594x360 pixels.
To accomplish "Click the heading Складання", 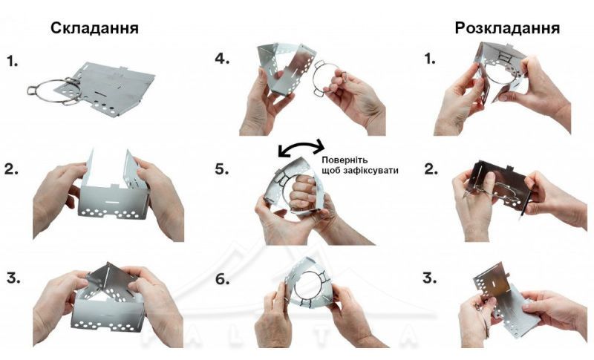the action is point(94,28).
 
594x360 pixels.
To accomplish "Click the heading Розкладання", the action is point(507,28).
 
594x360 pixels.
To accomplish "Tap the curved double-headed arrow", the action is point(301,146).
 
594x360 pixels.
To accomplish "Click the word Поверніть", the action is point(345,160).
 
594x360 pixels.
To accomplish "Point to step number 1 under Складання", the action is point(12,61).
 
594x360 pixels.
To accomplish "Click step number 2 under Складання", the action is point(11,169).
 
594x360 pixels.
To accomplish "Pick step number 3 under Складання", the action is point(13,278).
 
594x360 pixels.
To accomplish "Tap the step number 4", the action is point(222,59).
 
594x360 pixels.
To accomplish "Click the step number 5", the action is point(222,169).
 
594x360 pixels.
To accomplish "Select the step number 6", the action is point(222,279).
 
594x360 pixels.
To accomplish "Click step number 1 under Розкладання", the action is point(430,59).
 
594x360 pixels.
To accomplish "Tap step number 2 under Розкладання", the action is point(431,169).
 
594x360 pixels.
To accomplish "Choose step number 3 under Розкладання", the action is point(429,278).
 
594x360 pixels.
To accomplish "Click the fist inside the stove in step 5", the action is point(302,192).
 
